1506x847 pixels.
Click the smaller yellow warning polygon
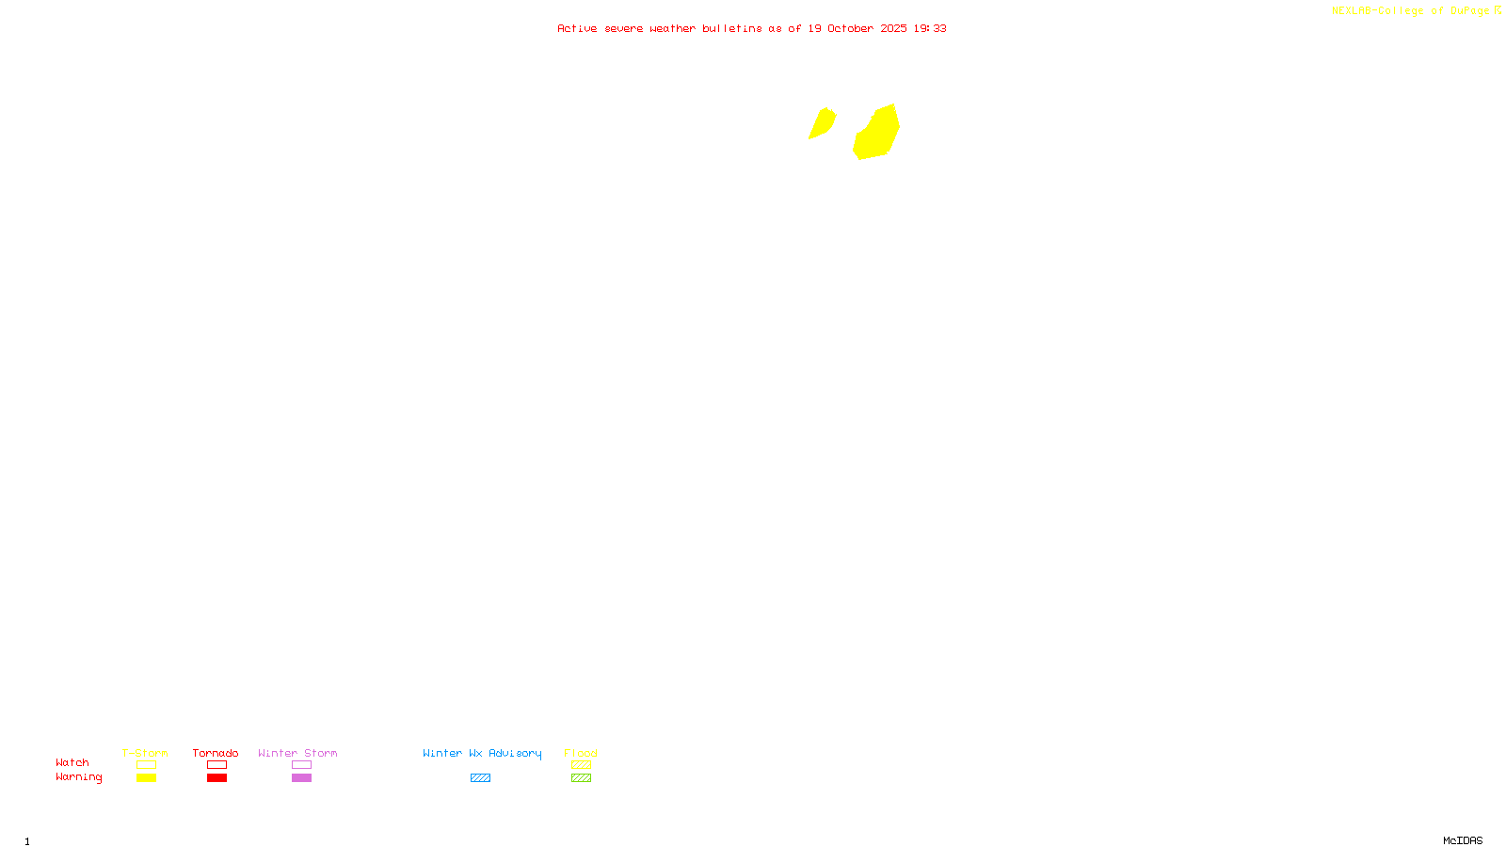pos(822,123)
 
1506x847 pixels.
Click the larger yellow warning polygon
pos(877,134)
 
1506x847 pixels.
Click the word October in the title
pos(850,28)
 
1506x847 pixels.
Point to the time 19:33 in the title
pos(930,28)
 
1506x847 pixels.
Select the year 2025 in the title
pos(893,28)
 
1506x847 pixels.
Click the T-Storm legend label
pos(145,753)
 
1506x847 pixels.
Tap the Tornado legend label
pos(216,753)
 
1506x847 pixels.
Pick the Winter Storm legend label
pos(297,753)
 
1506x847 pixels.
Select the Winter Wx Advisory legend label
pos(482,753)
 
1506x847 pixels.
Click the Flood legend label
pos(581,753)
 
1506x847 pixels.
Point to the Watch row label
pos(72,762)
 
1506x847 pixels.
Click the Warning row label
pos(79,777)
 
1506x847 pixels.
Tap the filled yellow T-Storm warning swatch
pos(146,778)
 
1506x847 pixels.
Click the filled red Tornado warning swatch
pos(216,778)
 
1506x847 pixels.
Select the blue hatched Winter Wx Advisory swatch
pos(480,778)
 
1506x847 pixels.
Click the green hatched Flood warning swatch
pos(581,778)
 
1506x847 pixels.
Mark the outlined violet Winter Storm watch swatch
pos(301,765)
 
